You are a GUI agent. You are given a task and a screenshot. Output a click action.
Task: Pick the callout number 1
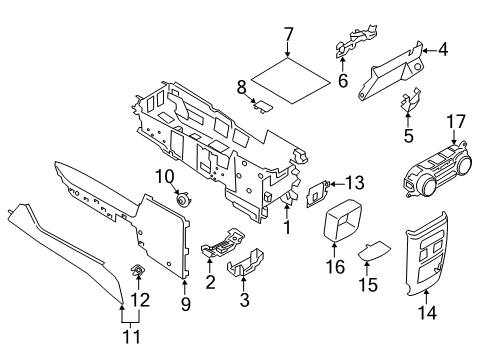point(289,227)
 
